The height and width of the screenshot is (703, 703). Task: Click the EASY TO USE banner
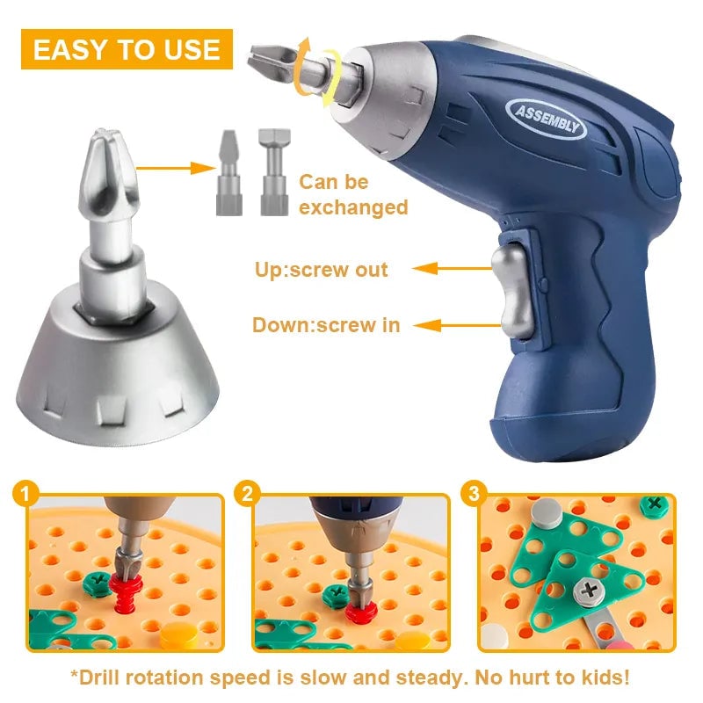tap(127, 49)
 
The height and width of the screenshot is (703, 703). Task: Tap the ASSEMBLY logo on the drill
tap(545, 119)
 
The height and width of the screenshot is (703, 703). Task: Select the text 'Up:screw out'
tap(320, 269)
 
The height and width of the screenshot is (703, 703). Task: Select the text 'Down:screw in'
tap(326, 325)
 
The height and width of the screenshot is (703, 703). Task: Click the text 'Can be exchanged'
tap(352, 195)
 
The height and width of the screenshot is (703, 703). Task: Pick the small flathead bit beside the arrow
tap(227, 173)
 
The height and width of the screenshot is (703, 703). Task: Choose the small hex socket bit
tap(272, 173)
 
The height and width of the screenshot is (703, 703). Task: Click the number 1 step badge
tap(25, 495)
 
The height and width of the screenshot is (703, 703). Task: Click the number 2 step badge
tap(249, 495)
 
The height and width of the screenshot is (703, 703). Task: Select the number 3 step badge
tap(474, 495)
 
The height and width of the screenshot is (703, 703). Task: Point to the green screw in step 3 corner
tap(654, 504)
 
